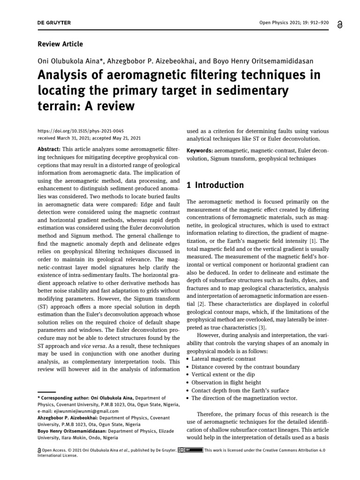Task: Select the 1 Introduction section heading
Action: click(215, 185)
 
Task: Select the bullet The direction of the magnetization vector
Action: click(244, 398)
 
